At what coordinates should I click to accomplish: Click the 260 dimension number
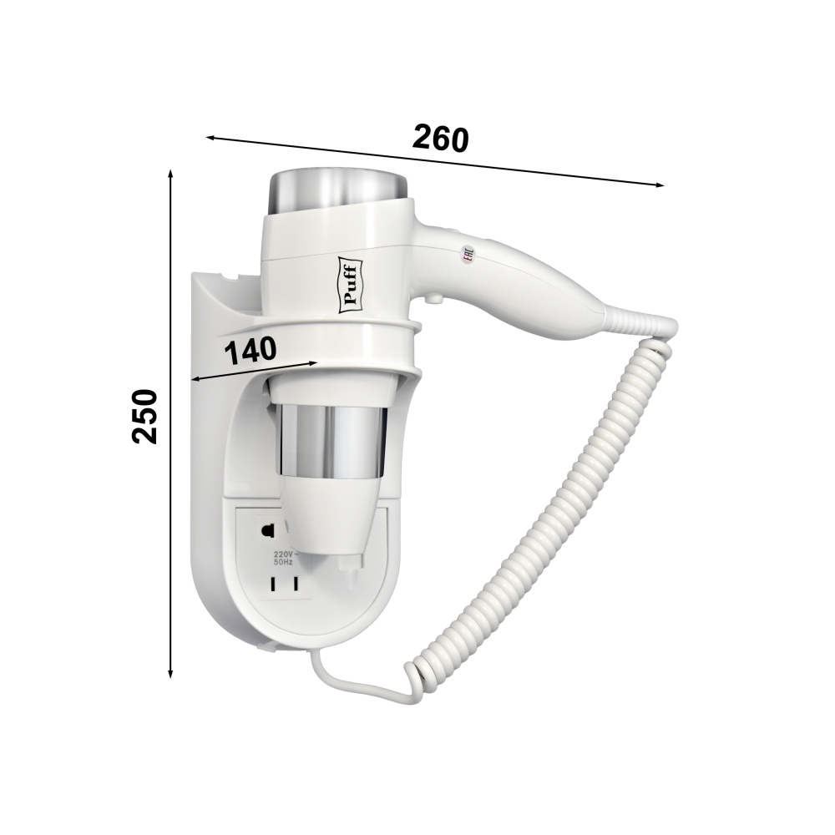(x=440, y=139)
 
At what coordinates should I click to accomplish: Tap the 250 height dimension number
(x=144, y=417)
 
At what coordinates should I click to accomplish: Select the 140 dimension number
(x=250, y=351)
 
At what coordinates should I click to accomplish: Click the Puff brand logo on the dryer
(x=351, y=286)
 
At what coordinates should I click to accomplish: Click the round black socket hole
(x=266, y=530)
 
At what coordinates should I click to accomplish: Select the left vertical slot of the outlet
(x=274, y=584)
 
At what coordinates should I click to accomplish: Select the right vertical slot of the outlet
(x=294, y=584)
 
